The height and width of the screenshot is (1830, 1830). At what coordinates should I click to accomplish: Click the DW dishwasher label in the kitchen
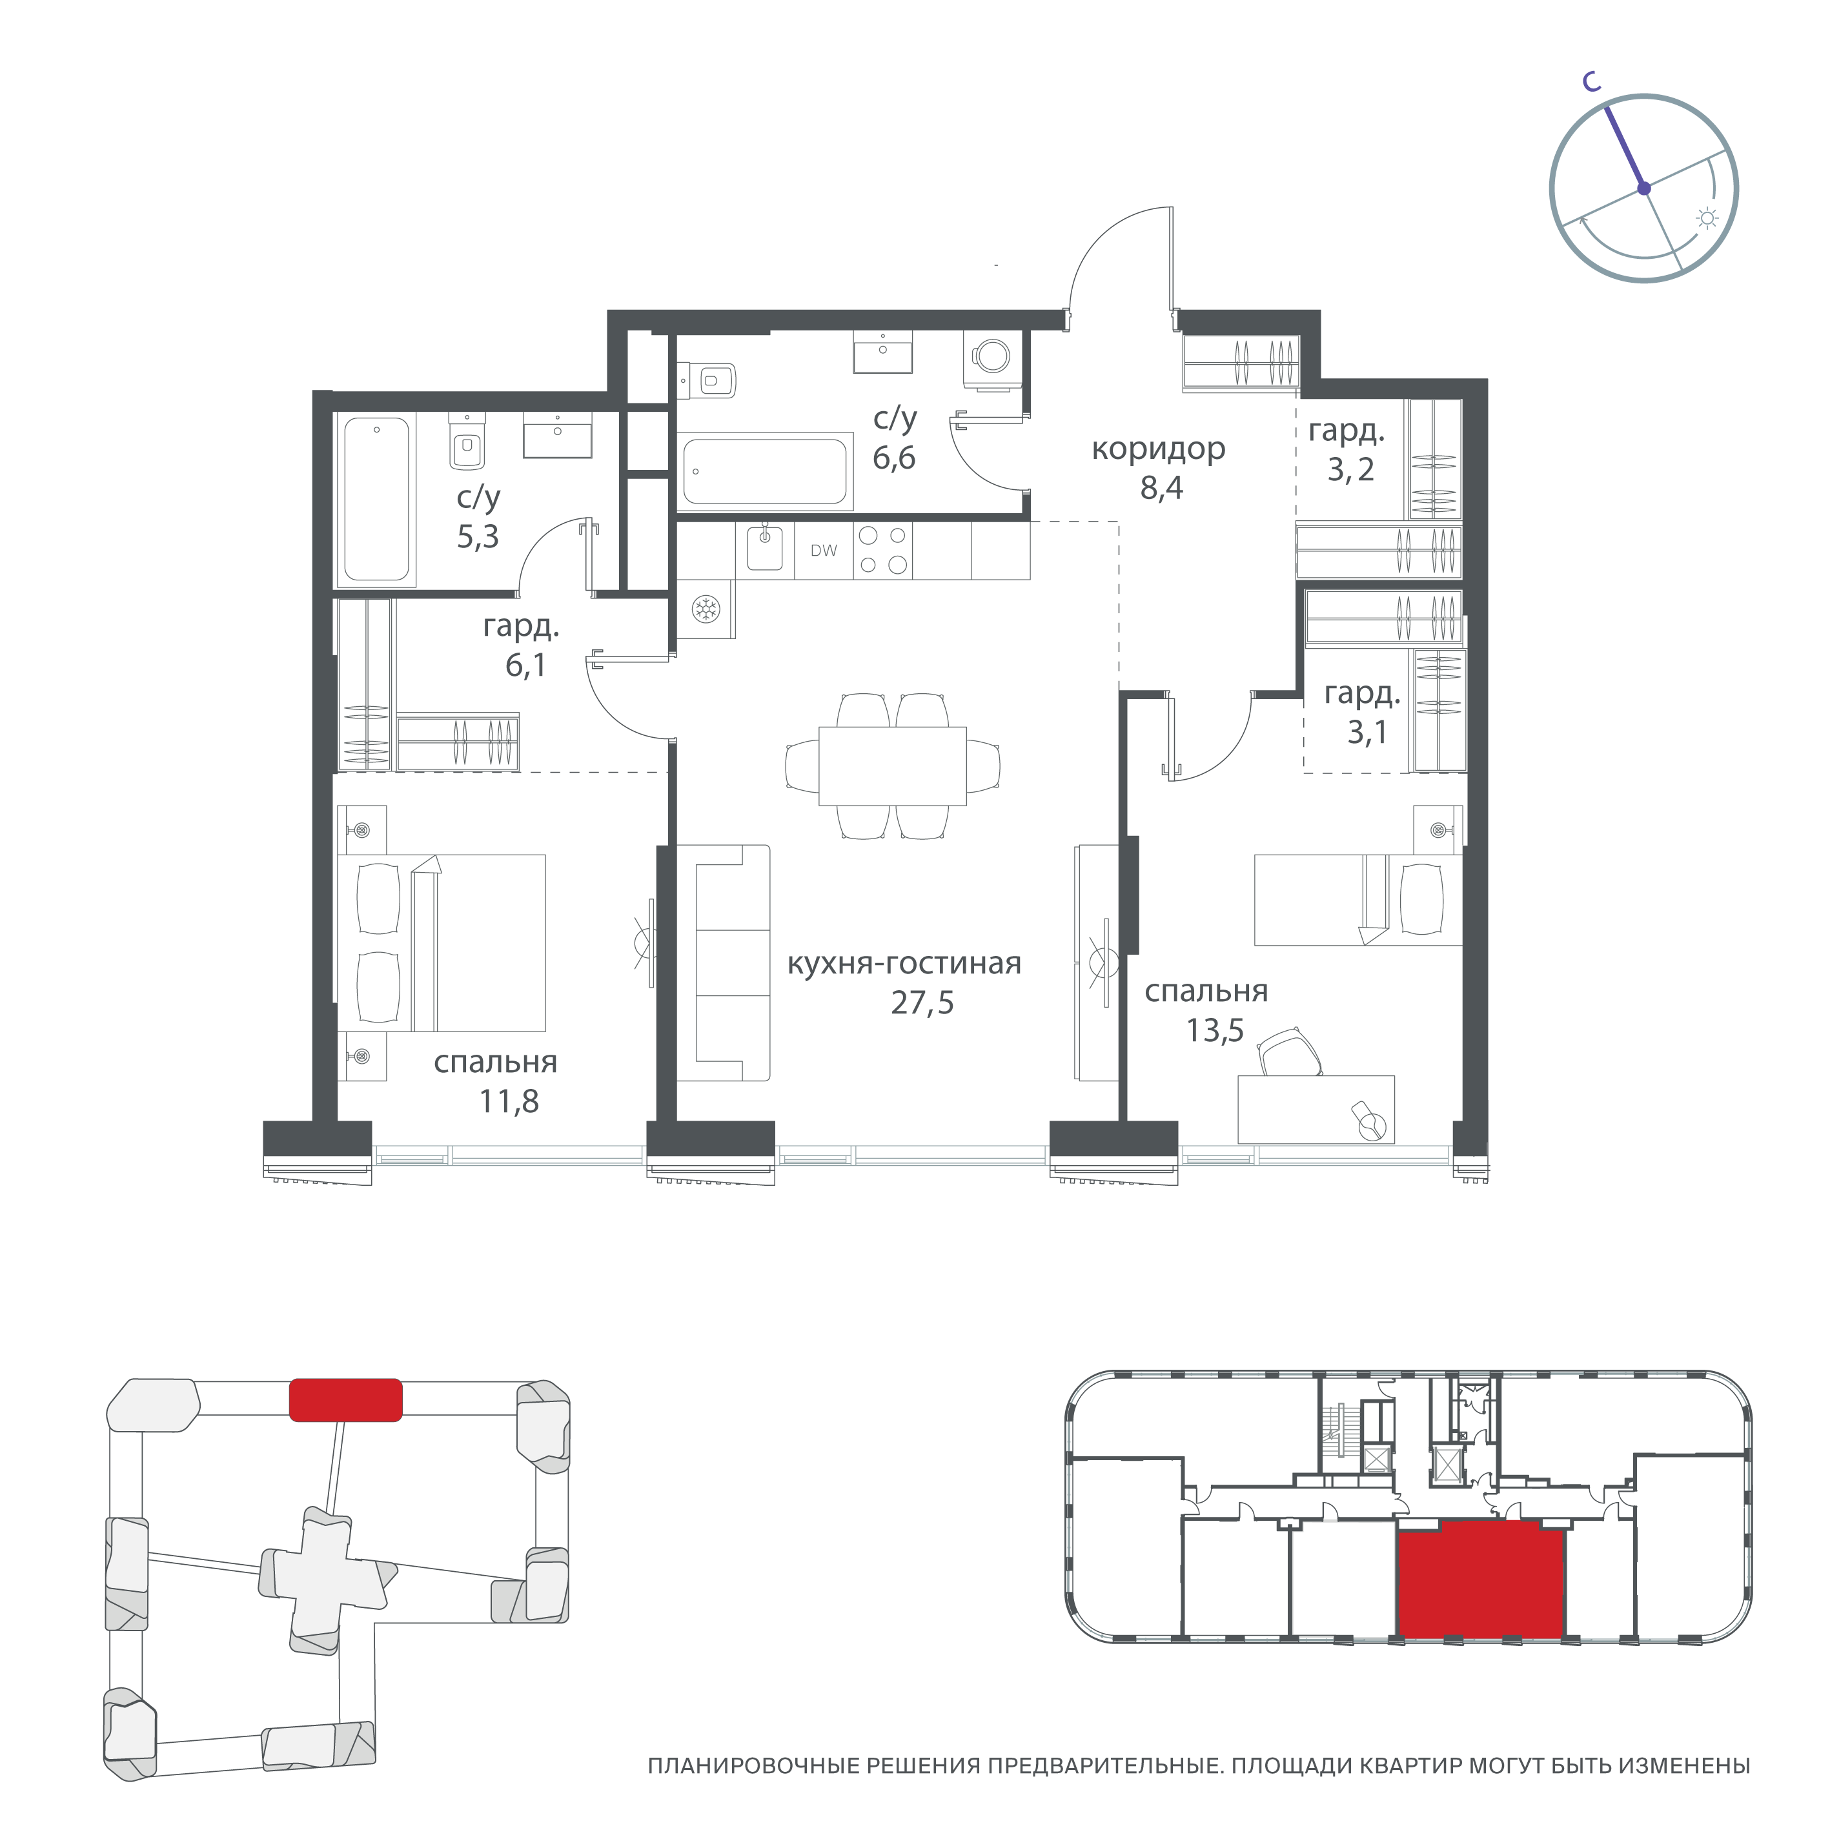pos(823,551)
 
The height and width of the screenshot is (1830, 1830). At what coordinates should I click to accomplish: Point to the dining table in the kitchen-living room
pos(892,766)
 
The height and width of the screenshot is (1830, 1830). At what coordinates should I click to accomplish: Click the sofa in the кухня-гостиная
pos(732,962)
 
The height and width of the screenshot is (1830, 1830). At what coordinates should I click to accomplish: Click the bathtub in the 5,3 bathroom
pos(377,498)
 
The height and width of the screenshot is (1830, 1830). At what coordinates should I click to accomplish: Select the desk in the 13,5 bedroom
pos(1316,1109)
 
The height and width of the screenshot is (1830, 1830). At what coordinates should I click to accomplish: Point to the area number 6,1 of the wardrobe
pos(525,666)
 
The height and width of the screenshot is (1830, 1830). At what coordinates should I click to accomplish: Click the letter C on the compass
pos(1592,83)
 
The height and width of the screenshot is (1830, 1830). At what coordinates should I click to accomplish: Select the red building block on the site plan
pos(345,1400)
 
